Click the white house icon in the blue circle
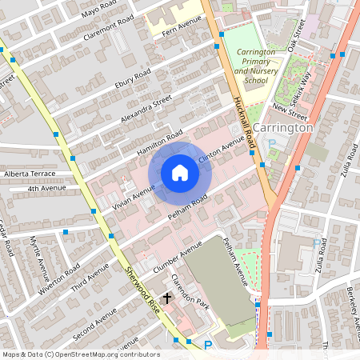180,172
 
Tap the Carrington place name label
285,127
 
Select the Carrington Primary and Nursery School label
256,66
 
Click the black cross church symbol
166,297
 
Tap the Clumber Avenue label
173,256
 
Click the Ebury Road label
132,80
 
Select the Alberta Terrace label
29,173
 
